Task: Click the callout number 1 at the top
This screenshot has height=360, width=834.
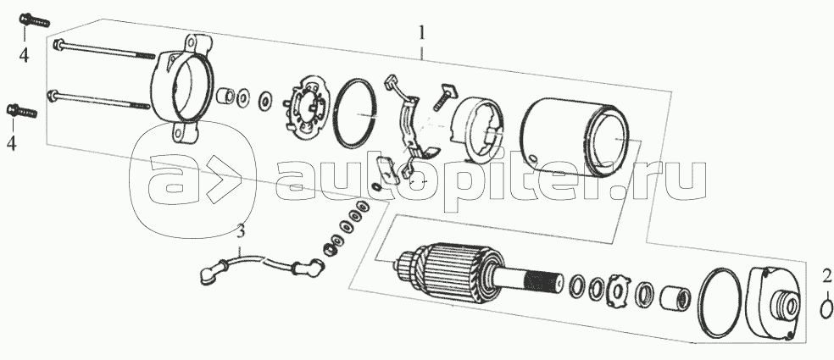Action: tap(421, 34)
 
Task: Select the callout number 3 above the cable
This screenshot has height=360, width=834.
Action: tap(241, 230)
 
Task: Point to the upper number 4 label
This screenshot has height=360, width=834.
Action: tap(24, 56)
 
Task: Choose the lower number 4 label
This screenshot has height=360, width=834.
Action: tap(12, 141)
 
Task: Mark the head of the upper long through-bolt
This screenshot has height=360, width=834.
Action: tap(58, 44)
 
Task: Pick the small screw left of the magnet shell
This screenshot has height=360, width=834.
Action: tap(443, 96)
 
